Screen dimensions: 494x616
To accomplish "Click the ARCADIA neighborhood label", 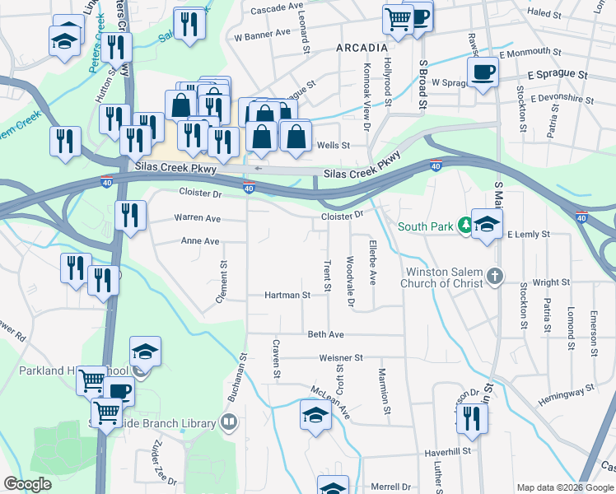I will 362,49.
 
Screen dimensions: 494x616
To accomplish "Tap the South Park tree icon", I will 465,224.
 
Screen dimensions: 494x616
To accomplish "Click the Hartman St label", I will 287,295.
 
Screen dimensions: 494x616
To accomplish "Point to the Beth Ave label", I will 325,335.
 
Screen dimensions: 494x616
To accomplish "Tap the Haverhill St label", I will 447,451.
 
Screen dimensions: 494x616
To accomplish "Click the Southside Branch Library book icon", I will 229,423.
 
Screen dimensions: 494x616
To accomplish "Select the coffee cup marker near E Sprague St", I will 483,72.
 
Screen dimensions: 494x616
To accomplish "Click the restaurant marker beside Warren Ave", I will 130,217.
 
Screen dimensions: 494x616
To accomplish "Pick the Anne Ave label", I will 200,241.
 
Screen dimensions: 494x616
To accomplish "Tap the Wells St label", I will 334,145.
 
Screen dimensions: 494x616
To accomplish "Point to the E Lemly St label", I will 528,235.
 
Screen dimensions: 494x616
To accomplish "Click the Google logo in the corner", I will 27,484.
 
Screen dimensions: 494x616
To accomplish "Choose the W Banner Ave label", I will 263,35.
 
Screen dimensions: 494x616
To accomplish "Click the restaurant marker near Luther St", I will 472,418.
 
